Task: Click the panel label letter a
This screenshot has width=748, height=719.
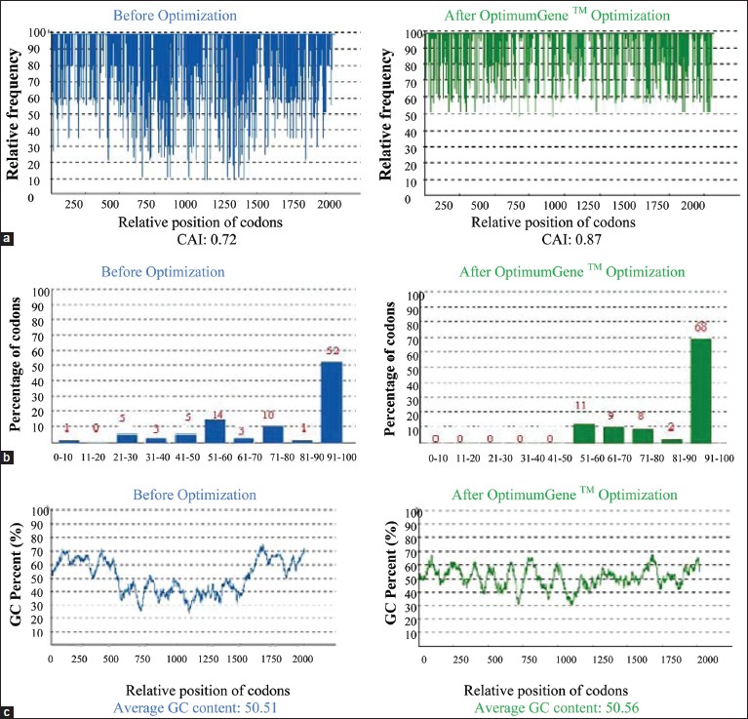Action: (7, 237)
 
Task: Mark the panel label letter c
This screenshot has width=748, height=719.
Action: (7, 710)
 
